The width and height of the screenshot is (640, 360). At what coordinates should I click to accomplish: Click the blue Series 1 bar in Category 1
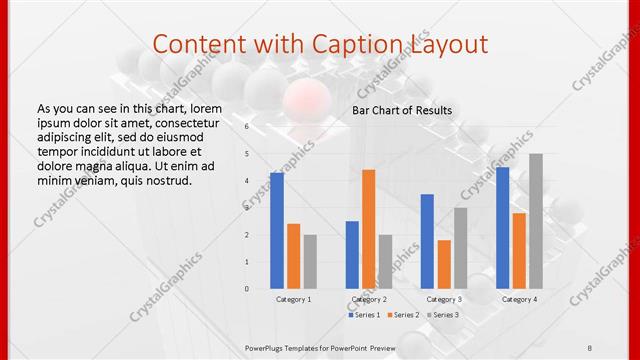tap(277, 231)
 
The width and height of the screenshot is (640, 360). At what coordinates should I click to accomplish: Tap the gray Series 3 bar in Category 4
tap(536, 221)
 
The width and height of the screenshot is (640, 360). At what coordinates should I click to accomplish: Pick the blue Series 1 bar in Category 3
tap(427, 241)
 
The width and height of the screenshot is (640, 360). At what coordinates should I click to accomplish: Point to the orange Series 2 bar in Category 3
tap(444, 264)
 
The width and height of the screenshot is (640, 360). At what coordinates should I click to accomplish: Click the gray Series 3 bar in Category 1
tap(310, 261)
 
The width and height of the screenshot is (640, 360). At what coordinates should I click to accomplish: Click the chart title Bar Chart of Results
tap(402, 110)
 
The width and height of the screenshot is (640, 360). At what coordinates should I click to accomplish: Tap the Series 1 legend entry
tap(363, 315)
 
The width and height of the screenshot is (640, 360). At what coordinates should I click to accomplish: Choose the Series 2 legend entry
tap(403, 315)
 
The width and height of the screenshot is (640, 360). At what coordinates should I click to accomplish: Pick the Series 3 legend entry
tap(443, 315)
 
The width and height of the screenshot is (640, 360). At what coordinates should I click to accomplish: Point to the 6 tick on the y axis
tap(247, 127)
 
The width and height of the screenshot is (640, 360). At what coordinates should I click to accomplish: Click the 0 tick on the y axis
tap(247, 289)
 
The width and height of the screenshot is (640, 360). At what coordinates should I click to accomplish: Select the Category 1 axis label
tap(294, 299)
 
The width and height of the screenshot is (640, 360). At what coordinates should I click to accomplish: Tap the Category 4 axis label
tap(519, 299)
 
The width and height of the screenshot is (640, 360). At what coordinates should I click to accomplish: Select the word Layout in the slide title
tap(449, 44)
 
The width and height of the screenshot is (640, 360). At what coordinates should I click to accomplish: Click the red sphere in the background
tap(311, 100)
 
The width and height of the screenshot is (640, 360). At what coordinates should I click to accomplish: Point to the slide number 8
tap(590, 346)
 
